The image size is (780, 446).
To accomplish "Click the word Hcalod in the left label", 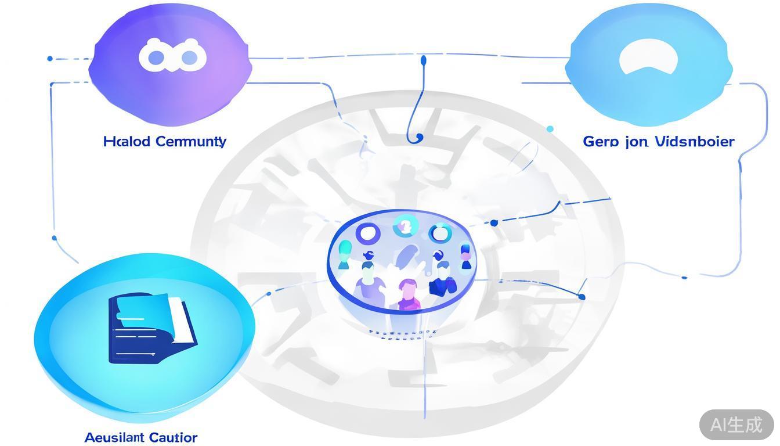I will pos(127,141).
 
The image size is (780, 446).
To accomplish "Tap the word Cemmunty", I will pos(191,142).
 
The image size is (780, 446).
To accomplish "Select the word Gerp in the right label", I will pos(601,142).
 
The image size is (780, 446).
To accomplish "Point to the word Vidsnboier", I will pos(694,141).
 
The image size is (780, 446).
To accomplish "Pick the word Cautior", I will pos(173,437).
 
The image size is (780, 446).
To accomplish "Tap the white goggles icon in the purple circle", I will pos(172,57).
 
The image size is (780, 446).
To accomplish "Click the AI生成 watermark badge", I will pos(736,425).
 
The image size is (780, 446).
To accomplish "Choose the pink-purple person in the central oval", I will pos(409,294).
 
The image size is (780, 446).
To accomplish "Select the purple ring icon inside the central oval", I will pos(367,234).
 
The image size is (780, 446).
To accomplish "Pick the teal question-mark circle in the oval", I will pos(405,226).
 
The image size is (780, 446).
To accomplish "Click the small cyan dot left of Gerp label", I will pos(550,129).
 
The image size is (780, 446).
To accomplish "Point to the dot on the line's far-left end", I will pos(50,59).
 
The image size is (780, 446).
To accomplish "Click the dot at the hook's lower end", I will pos(419,138).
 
